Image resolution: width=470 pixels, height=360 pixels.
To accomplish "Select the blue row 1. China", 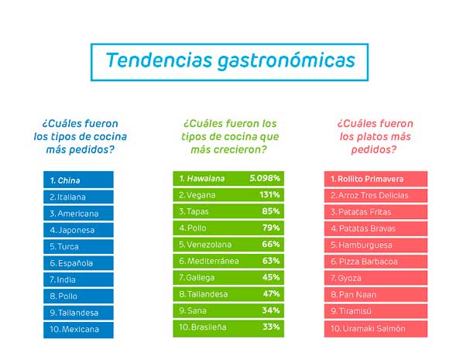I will [x=78, y=180].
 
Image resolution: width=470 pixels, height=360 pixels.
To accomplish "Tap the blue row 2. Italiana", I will [x=78, y=197].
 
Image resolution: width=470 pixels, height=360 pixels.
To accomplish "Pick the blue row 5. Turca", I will [x=78, y=246].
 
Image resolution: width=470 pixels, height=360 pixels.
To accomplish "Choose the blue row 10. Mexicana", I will [x=78, y=329].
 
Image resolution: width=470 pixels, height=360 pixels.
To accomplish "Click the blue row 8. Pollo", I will [x=78, y=296].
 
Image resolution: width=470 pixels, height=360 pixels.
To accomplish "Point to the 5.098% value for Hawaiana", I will [x=265, y=178].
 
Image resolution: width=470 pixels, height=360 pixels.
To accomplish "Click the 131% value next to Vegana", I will [x=269, y=195].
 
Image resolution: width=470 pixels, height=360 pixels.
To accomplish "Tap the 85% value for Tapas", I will [x=271, y=211].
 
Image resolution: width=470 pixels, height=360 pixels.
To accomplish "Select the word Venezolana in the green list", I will [x=208, y=245].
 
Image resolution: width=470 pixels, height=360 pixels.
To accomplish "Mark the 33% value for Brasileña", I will [x=271, y=327].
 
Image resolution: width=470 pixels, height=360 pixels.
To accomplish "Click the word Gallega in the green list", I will [x=202, y=278].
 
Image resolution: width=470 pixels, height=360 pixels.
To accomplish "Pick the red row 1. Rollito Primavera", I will [x=375, y=179].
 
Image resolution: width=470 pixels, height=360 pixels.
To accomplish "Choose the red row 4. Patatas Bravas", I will [x=375, y=228].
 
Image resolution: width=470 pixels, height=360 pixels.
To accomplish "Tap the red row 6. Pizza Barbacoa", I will [x=375, y=262].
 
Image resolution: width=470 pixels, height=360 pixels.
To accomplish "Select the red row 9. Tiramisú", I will [x=375, y=312].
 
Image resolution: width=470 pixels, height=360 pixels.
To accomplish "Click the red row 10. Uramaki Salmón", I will [x=375, y=329].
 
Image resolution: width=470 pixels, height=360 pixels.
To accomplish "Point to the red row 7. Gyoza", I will [x=375, y=279].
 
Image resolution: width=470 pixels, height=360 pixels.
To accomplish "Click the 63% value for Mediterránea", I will [x=271, y=261].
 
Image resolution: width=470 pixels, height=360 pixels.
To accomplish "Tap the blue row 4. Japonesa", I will [x=78, y=229].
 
